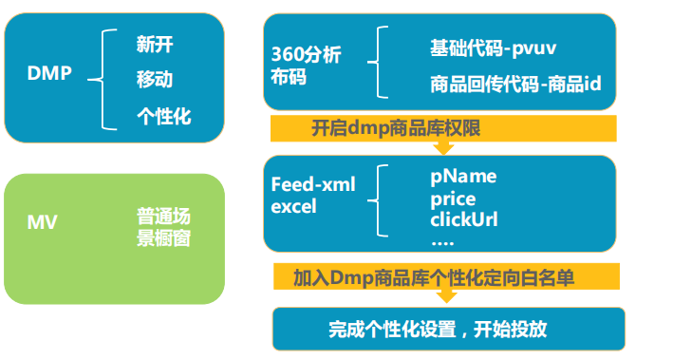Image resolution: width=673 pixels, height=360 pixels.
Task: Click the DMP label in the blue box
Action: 49,73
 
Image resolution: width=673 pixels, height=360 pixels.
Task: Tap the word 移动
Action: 155,79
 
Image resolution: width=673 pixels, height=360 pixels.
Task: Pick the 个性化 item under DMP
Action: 164,117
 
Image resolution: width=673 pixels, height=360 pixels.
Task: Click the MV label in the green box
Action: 41,223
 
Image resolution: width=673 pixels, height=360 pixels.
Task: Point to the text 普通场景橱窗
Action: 163,228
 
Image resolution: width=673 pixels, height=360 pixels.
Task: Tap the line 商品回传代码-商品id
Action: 514,85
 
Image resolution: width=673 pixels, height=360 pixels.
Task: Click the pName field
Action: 463,177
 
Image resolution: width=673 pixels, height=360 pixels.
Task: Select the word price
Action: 453,199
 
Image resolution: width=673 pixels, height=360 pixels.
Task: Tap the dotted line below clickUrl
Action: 443,241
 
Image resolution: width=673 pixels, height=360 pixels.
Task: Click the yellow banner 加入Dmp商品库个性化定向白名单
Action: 445,277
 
